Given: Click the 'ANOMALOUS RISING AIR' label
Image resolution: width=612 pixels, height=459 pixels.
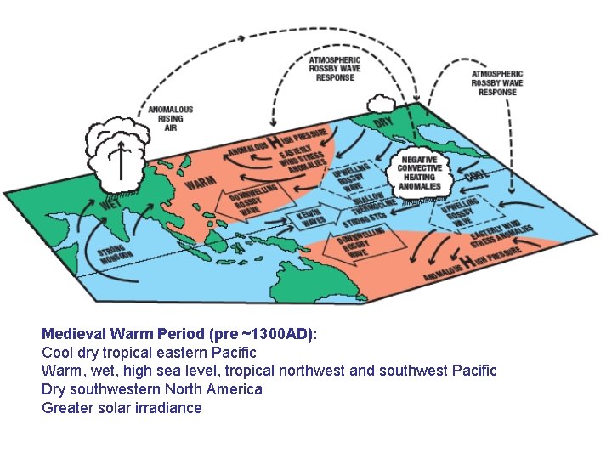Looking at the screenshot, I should (x=171, y=118).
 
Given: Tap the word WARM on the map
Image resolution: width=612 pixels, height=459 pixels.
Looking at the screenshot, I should (x=200, y=182).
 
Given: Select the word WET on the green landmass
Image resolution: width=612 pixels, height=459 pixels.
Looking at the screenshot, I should (x=110, y=205).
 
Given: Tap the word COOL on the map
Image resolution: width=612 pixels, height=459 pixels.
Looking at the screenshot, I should (x=476, y=175).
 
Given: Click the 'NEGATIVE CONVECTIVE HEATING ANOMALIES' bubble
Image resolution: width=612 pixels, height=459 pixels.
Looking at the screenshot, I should (x=420, y=173).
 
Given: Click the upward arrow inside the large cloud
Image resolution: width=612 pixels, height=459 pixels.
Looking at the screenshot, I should (x=121, y=159).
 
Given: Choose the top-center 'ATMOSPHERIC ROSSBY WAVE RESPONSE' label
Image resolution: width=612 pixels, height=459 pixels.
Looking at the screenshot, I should (x=335, y=69).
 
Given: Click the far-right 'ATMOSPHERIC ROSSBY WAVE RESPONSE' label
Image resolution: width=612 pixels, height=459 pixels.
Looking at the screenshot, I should (x=497, y=83).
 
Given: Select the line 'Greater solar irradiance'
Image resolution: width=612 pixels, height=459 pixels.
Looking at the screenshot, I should (x=122, y=408).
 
